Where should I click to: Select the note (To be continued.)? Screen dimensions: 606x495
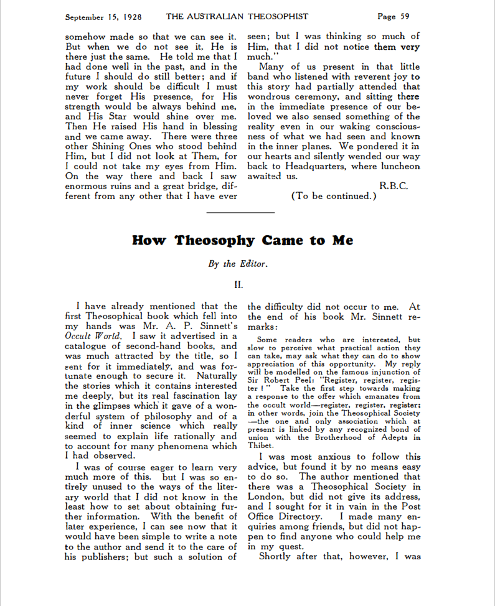coord(334,196)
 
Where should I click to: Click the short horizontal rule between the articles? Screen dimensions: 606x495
coord(240,213)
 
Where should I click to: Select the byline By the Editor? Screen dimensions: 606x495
coord(238,263)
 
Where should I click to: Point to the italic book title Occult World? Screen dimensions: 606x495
coord(93,337)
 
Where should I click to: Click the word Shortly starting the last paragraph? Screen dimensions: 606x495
coord(278,556)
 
